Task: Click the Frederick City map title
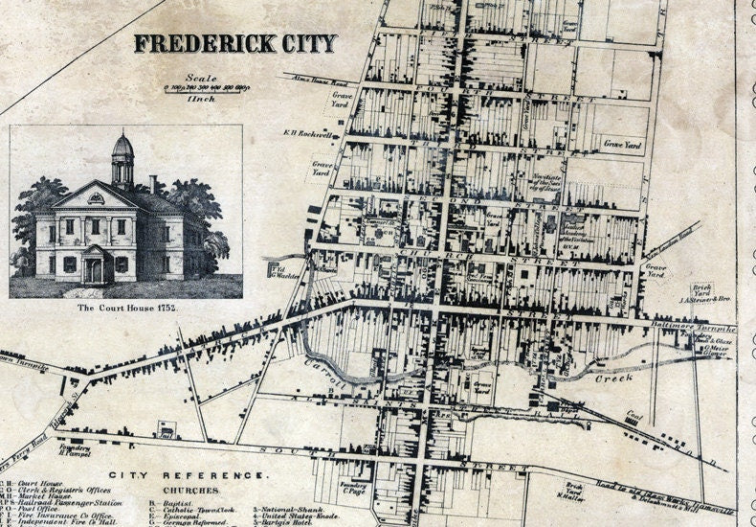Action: (x=234, y=43)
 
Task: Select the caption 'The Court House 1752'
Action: (x=125, y=309)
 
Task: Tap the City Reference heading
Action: (x=182, y=475)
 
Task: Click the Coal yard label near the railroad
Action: (x=632, y=416)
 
